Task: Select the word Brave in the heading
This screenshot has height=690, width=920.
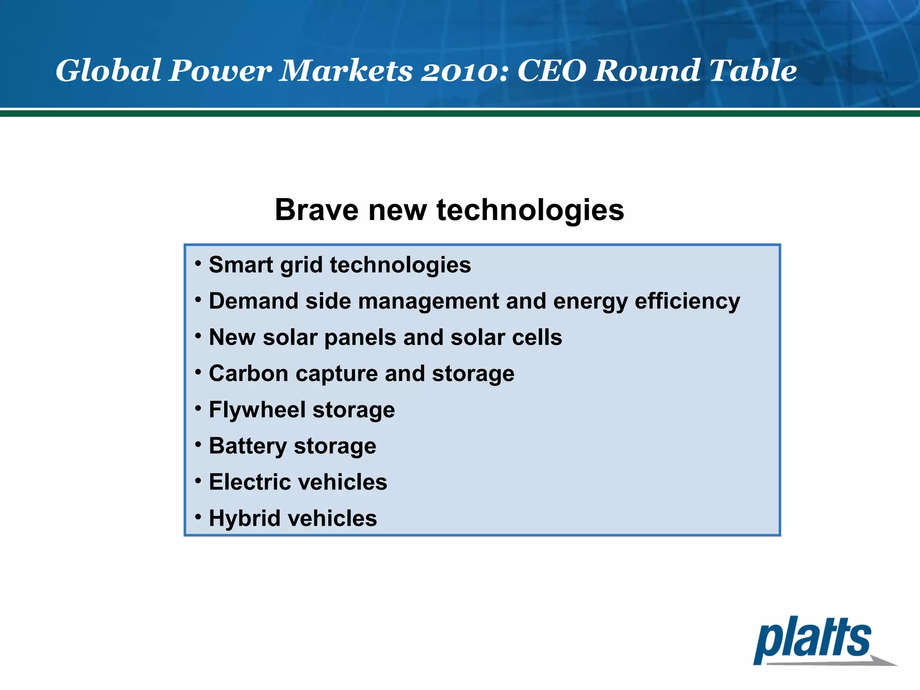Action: (316, 210)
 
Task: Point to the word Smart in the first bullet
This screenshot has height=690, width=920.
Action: (241, 265)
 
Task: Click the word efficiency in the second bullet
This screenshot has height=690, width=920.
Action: (687, 301)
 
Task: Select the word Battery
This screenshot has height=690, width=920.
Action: (248, 446)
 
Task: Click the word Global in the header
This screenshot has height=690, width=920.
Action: (108, 71)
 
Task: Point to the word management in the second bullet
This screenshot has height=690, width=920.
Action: (429, 301)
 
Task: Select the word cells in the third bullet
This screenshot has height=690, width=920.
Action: (537, 337)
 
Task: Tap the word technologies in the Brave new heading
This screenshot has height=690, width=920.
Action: (530, 210)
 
